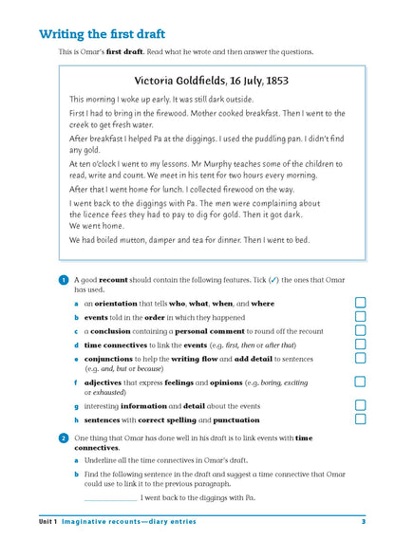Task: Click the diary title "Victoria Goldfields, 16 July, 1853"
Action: [211, 80]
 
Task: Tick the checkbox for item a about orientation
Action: [360, 303]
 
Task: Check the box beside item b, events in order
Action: [360, 317]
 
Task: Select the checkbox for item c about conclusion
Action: [360, 331]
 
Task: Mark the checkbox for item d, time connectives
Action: [360, 345]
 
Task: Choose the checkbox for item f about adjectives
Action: [360, 382]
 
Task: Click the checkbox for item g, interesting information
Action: [360, 404]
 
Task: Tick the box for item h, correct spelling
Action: [360, 419]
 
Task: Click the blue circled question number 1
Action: [63, 281]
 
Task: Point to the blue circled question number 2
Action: [63, 438]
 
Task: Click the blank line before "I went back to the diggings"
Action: [110, 498]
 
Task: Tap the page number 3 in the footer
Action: [363, 522]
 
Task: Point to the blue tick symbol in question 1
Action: [273, 281]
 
